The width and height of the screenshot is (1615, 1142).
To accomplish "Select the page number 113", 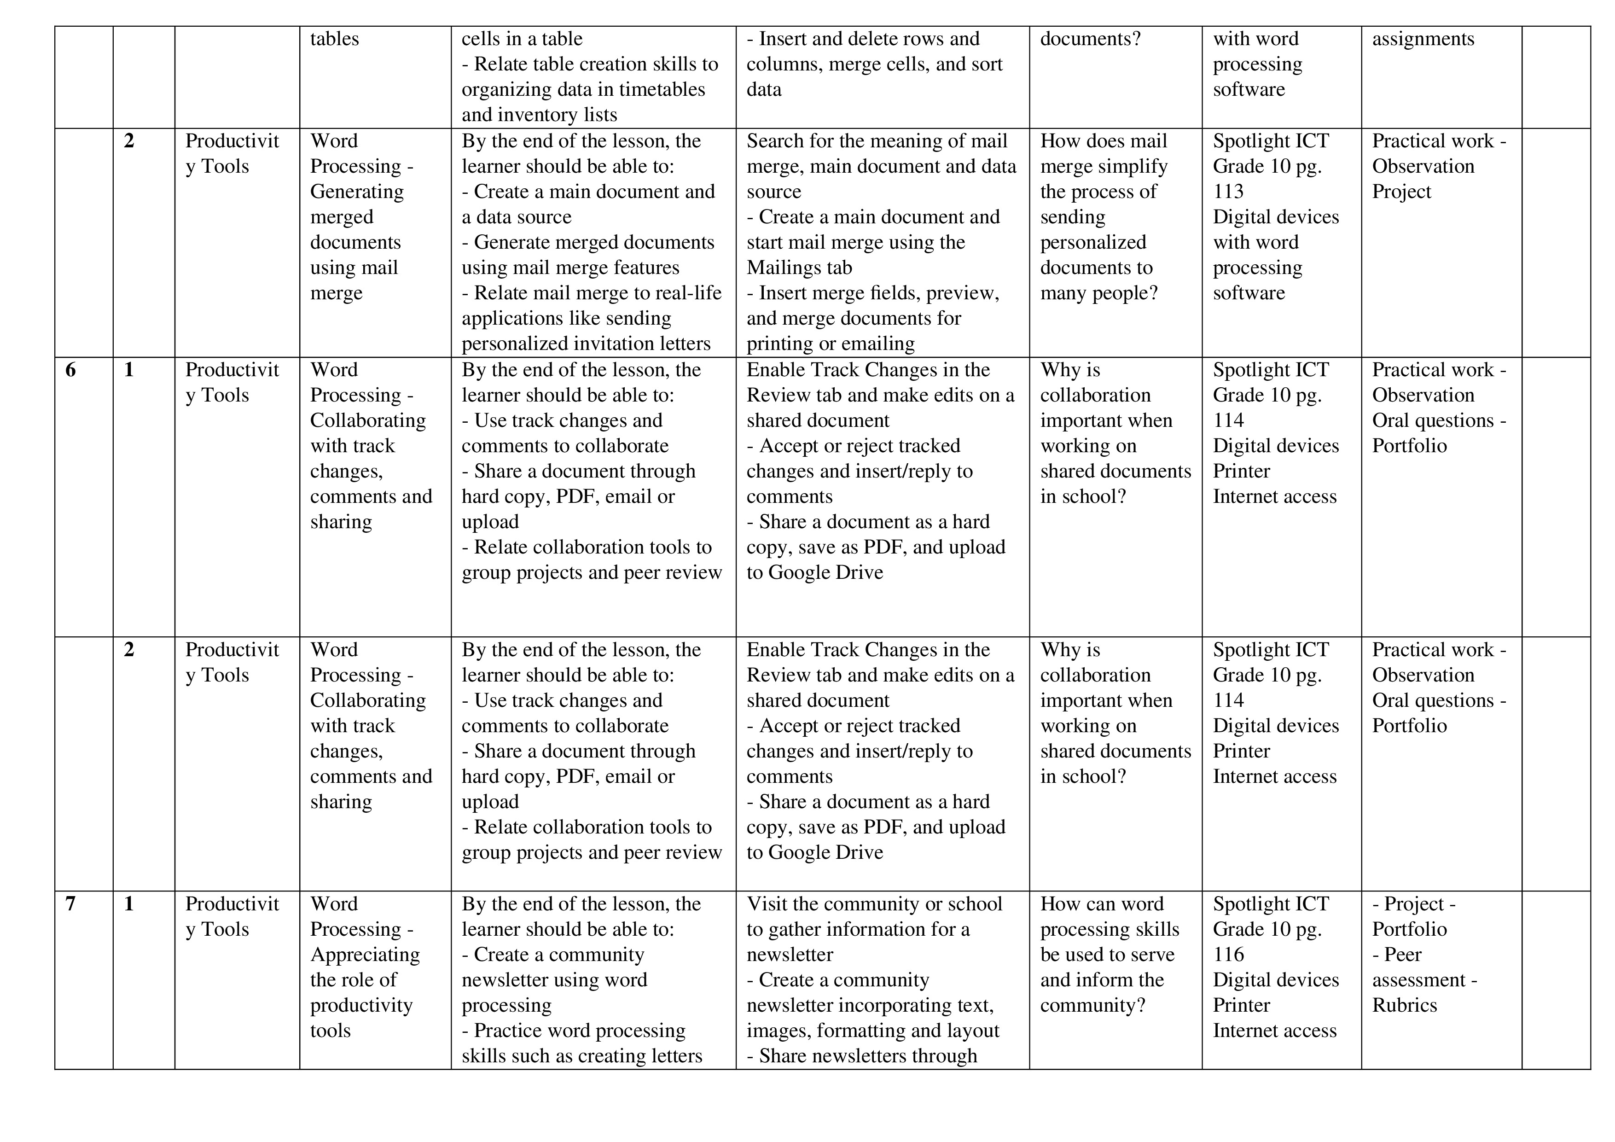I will tap(1228, 192).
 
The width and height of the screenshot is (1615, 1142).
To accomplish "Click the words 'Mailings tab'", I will tap(799, 268).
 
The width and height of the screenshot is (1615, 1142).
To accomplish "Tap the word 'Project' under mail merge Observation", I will tap(1401, 192).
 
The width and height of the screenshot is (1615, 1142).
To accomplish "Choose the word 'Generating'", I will tap(357, 192).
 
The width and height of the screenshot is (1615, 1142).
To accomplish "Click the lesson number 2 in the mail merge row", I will tap(129, 141).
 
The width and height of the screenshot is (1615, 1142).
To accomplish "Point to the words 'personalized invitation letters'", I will tap(586, 344).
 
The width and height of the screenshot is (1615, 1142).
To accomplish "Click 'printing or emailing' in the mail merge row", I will tap(830, 344).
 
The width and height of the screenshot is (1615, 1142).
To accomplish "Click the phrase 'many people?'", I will tap(1099, 293).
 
